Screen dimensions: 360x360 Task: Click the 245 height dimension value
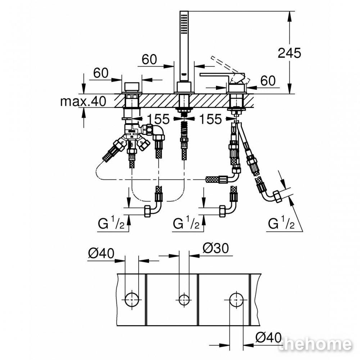coord(289,53)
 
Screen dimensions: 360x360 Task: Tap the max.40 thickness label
coord(84,101)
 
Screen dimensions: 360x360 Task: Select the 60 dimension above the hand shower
coord(149,59)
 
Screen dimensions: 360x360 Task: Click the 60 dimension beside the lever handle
coord(268,81)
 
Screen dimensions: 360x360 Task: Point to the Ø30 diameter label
coord(216,248)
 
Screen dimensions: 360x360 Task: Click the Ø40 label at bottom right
coord(269,338)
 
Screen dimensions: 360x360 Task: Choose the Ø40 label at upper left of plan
coord(101,254)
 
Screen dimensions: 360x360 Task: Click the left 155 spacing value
coord(158,119)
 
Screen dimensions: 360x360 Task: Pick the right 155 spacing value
coord(211,119)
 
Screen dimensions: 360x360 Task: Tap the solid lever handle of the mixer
coord(220,75)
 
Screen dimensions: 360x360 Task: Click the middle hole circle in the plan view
coord(184,300)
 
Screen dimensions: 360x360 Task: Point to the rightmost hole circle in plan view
coord(236,300)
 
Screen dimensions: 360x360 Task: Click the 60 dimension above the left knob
coord(101,73)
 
